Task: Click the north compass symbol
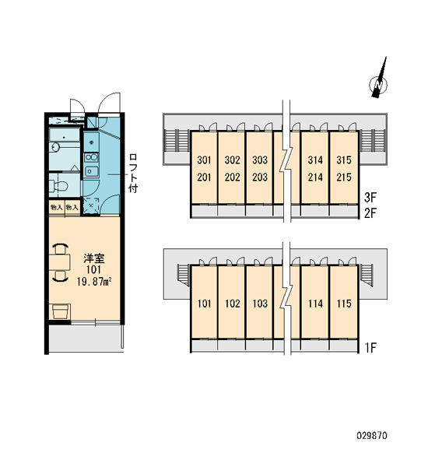(378, 84)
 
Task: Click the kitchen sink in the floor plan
(91, 171)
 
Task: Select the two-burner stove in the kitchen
(91, 157)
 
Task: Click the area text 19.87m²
(94, 282)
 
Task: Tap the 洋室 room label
(94, 258)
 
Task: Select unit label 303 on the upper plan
(260, 160)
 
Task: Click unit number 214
(315, 177)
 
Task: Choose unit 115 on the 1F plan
(344, 304)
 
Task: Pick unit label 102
(233, 304)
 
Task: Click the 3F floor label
(370, 197)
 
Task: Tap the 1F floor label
(371, 347)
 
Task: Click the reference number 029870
(372, 436)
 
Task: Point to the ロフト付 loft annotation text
(133, 174)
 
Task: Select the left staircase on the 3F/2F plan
(177, 141)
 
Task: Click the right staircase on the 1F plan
(367, 275)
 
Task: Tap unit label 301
(204, 160)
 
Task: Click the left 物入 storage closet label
(56, 207)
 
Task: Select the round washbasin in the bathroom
(55, 146)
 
